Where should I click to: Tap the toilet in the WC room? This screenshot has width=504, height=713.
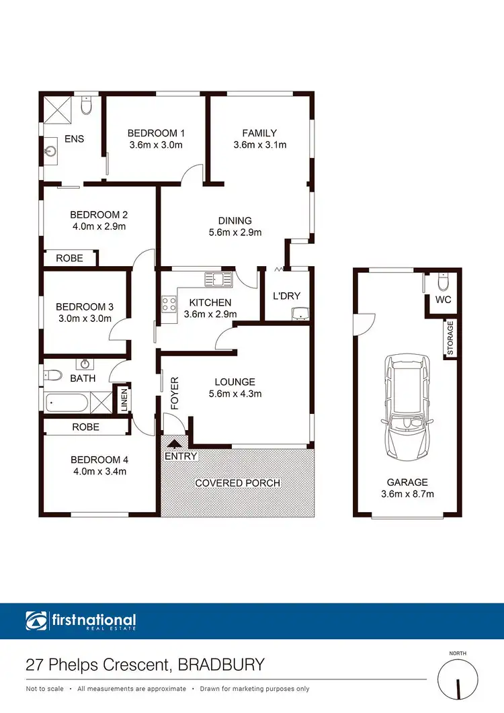coord(442,280)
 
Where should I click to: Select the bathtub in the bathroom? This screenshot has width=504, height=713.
coord(68,404)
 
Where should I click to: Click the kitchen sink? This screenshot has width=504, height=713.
coord(217,277)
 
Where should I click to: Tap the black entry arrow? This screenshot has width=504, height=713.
coord(176,444)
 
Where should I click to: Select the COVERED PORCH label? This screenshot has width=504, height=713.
coord(237,483)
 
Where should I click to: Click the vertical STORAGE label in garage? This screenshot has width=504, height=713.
coord(450,338)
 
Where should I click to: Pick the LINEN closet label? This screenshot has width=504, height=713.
coord(124,399)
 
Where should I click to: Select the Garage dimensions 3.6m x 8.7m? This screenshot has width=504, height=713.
coord(407,494)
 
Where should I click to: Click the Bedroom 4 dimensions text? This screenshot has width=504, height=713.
coord(99,471)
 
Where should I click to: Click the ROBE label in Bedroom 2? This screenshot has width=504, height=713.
coord(69,258)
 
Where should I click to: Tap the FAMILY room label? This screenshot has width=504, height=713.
coord(259,133)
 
